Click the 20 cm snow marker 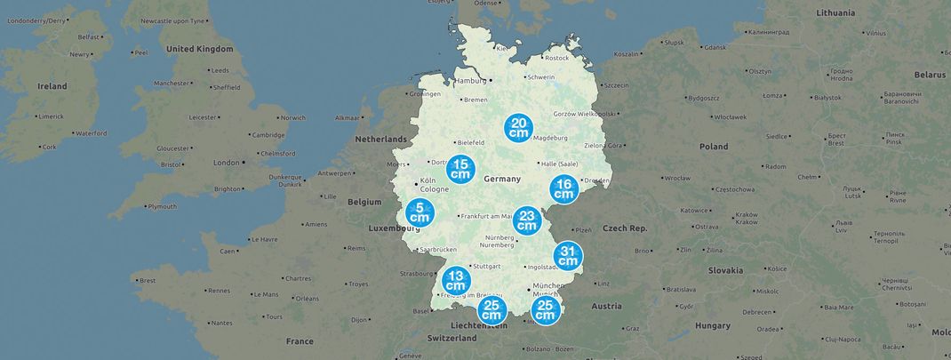click(519, 128)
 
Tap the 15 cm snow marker click(460, 169)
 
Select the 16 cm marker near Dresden click(563, 189)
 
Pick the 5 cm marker click(420, 212)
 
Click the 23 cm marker click(527, 220)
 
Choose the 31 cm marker click(568, 256)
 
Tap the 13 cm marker click(456, 280)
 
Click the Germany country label click(502, 180)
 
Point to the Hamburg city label click(472, 81)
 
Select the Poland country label click(713, 147)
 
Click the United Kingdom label click(199, 49)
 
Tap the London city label click(227, 163)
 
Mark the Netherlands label click(380, 140)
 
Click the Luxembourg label click(395, 228)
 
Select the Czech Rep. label click(626, 228)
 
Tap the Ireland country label click(52, 86)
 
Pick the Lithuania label click(835, 13)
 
